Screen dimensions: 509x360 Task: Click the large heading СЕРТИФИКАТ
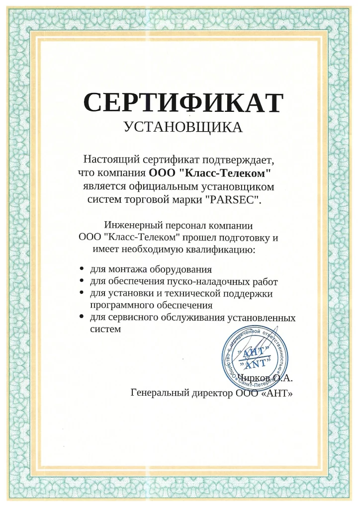183,102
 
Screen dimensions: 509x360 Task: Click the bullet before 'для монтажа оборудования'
82,269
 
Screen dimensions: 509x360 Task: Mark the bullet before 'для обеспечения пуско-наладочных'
82,281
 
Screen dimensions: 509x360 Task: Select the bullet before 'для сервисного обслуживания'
82,317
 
